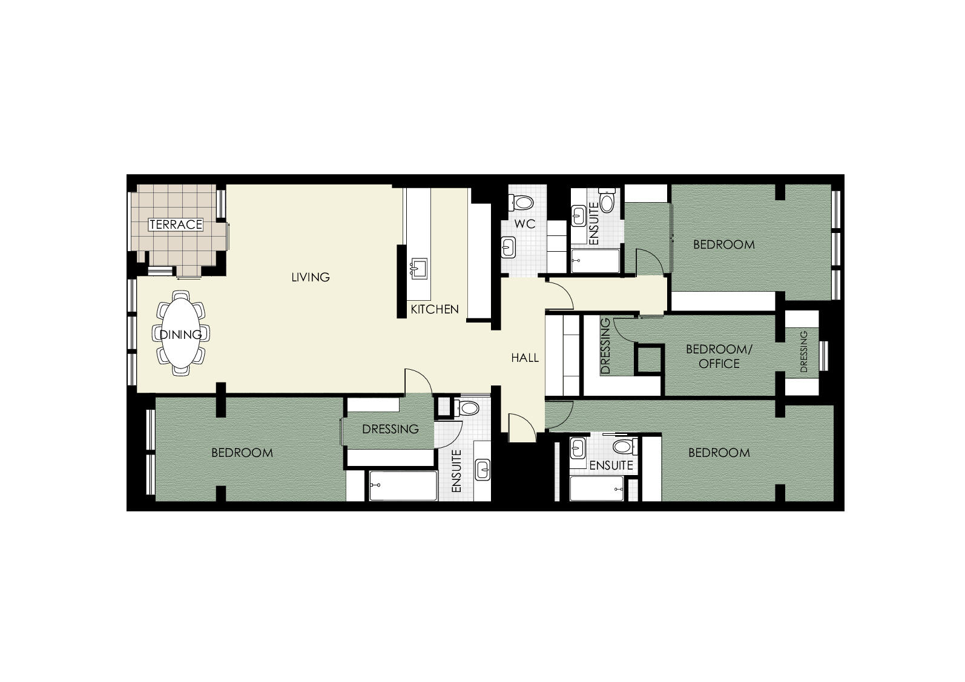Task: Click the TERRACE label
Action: click(x=176, y=225)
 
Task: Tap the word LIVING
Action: click(x=311, y=277)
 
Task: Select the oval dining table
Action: click(x=180, y=333)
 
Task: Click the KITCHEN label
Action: click(x=435, y=309)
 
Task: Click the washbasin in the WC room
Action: click(x=509, y=248)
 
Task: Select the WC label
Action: click(x=525, y=224)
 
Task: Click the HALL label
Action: click(x=525, y=358)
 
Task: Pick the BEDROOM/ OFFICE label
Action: click(x=719, y=356)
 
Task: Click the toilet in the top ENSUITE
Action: click(x=607, y=200)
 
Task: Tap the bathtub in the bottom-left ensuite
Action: click(x=403, y=485)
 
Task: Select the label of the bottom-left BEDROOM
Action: click(x=242, y=453)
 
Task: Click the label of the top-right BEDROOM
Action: click(x=724, y=244)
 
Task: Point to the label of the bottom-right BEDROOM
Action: click(x=719, y=453)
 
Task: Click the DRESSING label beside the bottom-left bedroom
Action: click(x=390, y=429)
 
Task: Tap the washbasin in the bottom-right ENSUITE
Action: click(x=578, y=448)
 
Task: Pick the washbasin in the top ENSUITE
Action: click(x=579, y=215)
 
